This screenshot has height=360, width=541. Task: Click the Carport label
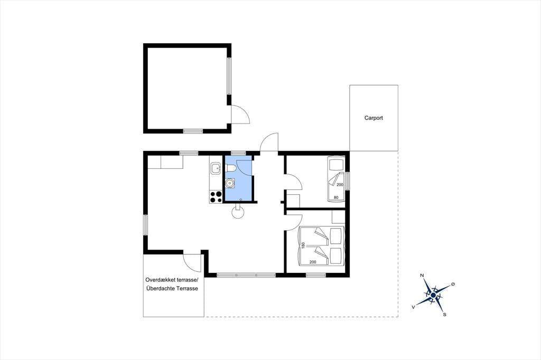coord(374,118)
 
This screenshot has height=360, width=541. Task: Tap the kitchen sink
coord(216,169)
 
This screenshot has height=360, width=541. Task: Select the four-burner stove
coord(216,197)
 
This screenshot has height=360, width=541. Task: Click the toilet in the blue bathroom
coord(230,168)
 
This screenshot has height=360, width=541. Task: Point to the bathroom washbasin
coord(230,183)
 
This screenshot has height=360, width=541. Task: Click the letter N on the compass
coord(422,275)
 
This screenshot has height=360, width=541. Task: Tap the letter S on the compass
coord(444,315)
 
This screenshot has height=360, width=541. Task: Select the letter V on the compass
coord(413,307)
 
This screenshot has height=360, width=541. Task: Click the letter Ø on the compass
coord(453,284)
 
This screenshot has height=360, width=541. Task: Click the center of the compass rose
coord(433,295)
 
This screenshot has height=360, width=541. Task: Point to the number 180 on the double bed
coord(303,245)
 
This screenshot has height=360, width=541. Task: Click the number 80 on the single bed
coord(336,197)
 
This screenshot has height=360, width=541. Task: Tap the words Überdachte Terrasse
coord(172,289)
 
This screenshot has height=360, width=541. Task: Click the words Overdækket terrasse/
coord(172,280)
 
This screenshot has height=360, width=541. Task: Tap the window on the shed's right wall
coord(229,75)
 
